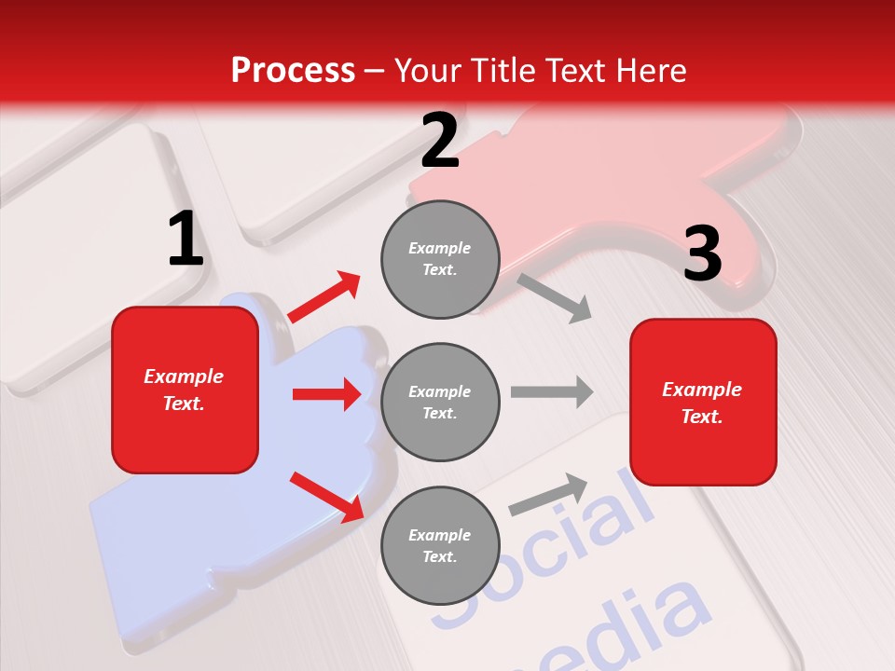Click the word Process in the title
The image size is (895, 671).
tap(293, 70)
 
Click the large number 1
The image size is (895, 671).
tap(186, 239)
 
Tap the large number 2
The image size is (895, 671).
tap(439, 141)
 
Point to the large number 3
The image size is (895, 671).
tap(702, 254)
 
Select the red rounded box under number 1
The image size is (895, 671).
tap(185, 390)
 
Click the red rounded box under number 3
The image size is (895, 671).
tap(703, 402)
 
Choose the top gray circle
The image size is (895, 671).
tap(440, 259)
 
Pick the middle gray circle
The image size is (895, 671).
tap(440, 402)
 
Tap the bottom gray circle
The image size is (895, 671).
tap(440, 545)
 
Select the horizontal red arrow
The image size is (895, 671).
tap(326, 394)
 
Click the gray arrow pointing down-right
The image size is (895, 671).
tap(555, 297)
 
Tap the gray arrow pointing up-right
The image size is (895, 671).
tap(548, 494)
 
